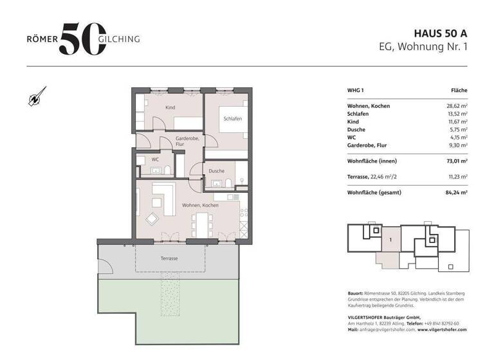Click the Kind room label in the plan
coord(170,107)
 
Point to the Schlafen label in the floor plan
coord(232,120)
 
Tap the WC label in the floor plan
coord(155,159)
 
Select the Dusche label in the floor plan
coord(216,171)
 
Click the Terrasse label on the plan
coord(169,258)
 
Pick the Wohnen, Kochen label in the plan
coord(200,205)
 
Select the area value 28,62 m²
coord(456,105)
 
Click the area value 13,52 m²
coord(456,113)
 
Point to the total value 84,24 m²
coord(455,192)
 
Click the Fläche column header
coord(459,91)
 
